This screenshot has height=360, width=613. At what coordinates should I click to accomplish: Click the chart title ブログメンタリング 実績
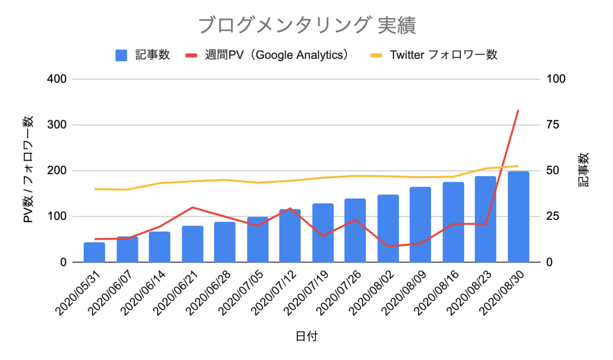[x=307, y=25]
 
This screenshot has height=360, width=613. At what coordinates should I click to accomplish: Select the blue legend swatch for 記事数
[x=121, y=55]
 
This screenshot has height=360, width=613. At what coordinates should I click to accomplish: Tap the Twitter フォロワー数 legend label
[x=443, y=55]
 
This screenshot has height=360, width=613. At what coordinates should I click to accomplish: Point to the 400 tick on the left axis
[x=57, y=79]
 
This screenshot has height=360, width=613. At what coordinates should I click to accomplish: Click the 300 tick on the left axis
[x=57, y=125]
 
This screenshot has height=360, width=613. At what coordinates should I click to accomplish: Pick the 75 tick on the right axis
[x=553, y=125]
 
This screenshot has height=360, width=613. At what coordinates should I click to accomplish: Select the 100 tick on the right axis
[x=556, y=79]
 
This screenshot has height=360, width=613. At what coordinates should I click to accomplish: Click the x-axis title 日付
[x=306, y=336]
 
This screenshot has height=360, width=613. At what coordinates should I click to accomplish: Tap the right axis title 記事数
[x=583, y=170]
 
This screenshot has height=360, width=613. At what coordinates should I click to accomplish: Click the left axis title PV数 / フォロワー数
[x=28, y=170]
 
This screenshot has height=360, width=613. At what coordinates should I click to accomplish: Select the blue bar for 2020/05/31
[x=95, y=252]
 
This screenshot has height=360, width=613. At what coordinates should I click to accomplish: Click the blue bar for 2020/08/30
[x=518, y=217]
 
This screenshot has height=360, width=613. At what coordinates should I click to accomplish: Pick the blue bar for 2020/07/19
[x=323, y=233]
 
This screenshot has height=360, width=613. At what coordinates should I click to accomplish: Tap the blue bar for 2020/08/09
[x=420, y=225]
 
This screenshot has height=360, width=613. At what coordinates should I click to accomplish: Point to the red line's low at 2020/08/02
[x=388, y=246]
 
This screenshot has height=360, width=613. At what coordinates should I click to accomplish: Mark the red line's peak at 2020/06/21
[x=193, y=207]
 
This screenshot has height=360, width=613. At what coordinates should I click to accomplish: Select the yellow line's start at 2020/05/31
[x=95, y=189]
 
